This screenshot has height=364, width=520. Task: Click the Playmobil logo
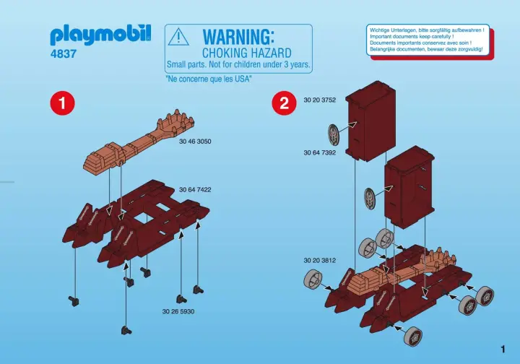point(101,34)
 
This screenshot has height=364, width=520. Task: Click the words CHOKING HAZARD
point(246,53)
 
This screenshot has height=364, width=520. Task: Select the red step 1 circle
point(63,104)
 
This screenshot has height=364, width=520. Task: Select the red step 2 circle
point(284,104)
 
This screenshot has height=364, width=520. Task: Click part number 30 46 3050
point(195,142)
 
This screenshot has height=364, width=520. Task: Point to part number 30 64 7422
point(195,190)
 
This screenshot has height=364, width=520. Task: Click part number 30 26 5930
point(178,311)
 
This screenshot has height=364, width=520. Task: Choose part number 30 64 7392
point(320,153)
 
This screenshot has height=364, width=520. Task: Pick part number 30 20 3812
point(320,260)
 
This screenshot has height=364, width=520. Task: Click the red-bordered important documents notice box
point(427,41)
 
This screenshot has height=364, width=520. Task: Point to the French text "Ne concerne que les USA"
point(209,79)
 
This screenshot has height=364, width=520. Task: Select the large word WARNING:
point(238,36)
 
